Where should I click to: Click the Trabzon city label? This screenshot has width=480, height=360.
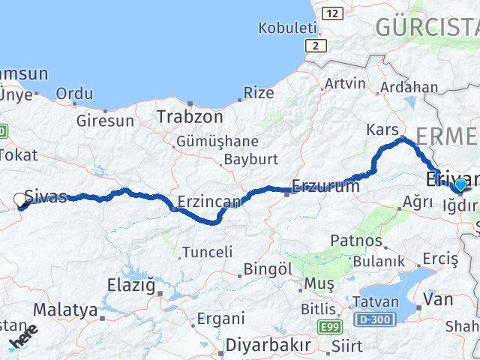(x=190, y=117)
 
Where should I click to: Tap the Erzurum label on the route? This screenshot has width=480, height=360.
(x=326, y=187)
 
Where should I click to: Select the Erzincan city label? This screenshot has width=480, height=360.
(x=209, y=201)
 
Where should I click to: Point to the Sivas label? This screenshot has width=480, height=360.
(x=46, y=196)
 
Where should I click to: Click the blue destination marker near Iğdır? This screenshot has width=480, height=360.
(x=460, y=184)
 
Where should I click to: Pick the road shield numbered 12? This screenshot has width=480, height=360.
(x=332, y=13)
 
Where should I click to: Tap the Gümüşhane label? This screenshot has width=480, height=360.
(x=217, y=141)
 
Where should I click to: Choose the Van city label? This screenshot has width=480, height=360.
(x=438, y=299)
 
